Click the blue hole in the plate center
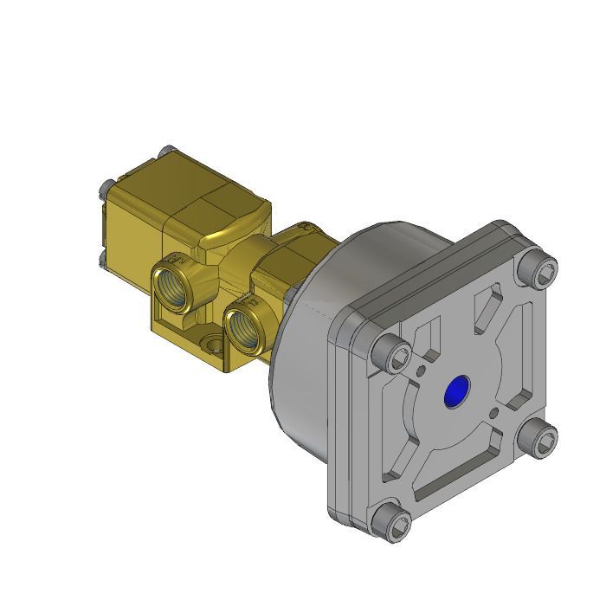[x=455, y=392]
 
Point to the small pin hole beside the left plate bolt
[x=421, y=371]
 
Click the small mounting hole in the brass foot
[x=213, y=345]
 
